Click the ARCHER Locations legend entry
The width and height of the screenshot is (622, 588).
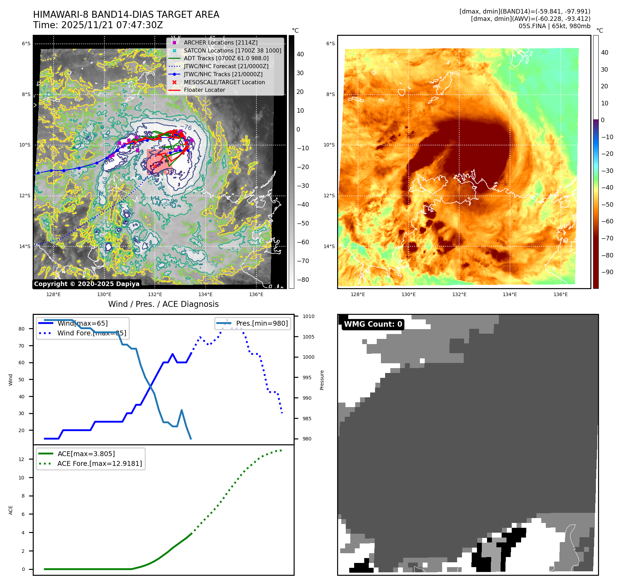221,42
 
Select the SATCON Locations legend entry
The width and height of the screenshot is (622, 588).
232,50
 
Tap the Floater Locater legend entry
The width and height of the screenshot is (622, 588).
204,90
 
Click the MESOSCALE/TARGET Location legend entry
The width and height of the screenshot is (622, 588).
224,82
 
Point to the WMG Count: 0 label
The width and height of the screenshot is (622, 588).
373,324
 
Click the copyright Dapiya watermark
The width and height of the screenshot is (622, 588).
87,284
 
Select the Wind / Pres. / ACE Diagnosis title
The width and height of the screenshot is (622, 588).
163,304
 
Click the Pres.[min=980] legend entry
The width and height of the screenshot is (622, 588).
262,323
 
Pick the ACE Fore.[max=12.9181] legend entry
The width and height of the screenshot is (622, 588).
99,463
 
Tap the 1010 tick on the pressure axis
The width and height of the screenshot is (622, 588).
308,316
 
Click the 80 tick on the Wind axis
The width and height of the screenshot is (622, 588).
22,329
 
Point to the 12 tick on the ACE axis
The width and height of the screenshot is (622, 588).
22,459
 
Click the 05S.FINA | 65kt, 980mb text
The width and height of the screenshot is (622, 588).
554,26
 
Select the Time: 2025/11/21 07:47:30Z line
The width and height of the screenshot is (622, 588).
98,25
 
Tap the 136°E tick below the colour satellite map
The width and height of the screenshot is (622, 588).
560,294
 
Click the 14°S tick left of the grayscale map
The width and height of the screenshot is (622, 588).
25,246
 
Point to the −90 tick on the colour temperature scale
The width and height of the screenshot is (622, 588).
607,272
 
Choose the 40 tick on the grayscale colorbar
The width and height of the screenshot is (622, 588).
300,54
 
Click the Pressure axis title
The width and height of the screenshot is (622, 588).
322,380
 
